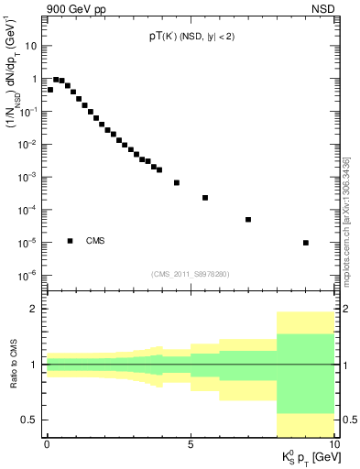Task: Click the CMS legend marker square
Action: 71,241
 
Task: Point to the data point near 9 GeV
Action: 305,243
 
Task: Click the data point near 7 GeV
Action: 248,219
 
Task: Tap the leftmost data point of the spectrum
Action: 50,90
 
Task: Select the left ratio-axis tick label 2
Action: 34,310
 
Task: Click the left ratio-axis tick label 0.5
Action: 29,420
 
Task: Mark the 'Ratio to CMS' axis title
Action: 12,364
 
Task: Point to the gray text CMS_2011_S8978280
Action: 191,273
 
